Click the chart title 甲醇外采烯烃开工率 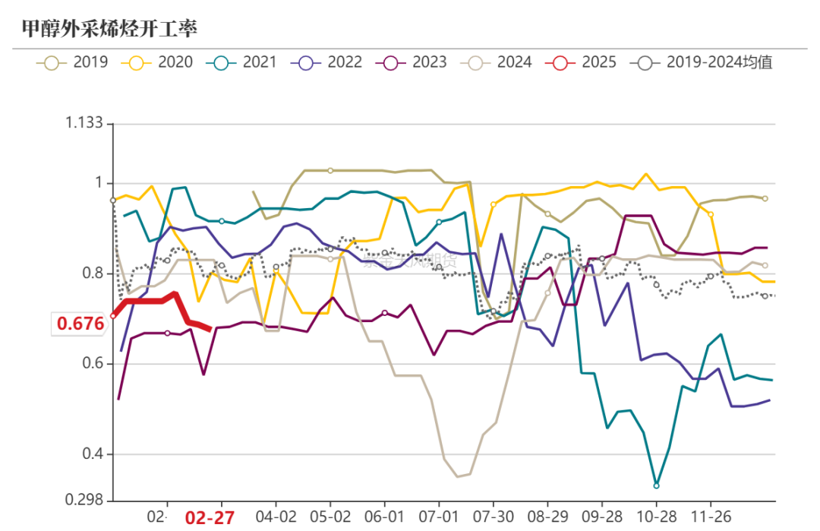coord(109,28)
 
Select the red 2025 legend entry coord(582,62)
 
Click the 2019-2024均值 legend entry coord(702,62)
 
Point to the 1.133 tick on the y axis coord(84,124)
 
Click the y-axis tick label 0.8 coord(93,273)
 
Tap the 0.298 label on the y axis coord(84,501)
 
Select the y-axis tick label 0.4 coord(93,455)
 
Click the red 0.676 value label coord(80,324)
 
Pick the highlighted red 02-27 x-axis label coord(209,517)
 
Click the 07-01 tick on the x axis coord(439,517)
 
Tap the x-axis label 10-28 coord(656,517)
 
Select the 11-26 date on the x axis coord(710,517)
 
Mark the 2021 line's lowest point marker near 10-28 coord(656,485)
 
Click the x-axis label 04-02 coord(276,517)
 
